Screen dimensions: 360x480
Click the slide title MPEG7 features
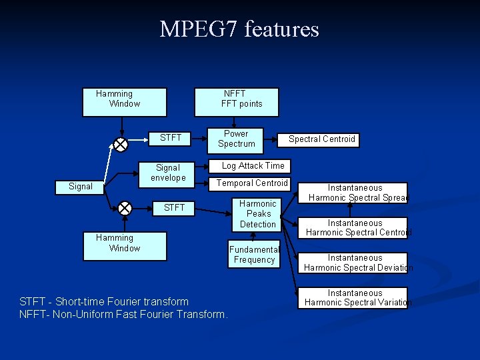click(239, 29)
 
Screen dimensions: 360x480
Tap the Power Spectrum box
click(237, 139)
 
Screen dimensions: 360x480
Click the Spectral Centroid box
click(322, 139)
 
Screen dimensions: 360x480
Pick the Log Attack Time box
click(253, 166)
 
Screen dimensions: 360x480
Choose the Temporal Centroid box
click(253, 183)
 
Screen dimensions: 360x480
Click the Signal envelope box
click(168, 173)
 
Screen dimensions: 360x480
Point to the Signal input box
click(81, 187)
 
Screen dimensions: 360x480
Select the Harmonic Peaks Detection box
click(258, 214)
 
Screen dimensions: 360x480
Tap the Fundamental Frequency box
click(254, 255)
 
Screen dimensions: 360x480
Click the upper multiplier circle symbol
click(121, 145)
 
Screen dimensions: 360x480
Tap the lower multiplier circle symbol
click(125, 208)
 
